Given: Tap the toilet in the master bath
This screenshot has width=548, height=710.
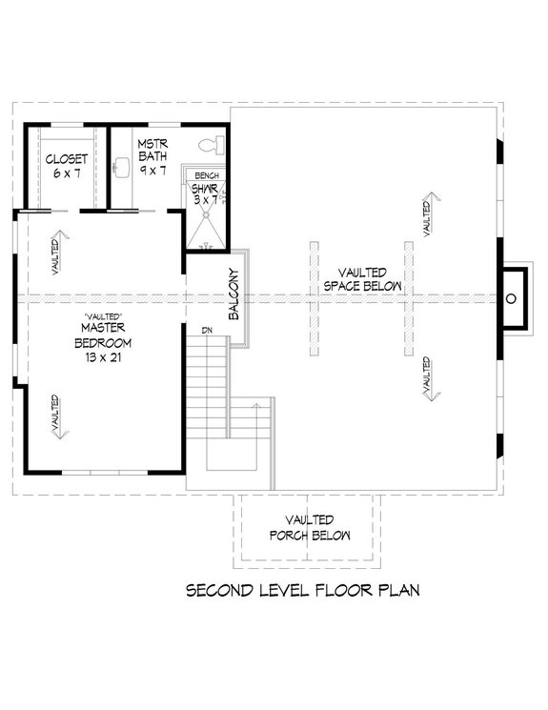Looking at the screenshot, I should pyautogui.click(x=211, y=145).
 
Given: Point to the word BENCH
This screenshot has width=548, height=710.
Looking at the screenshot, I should pyautogui.click(x=207, y=177).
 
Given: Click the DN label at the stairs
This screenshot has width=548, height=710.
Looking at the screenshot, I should pyautogui.click(x=206, y=331).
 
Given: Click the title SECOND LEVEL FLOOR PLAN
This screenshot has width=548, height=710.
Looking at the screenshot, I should pyautogui.click(x=302, y=591).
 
